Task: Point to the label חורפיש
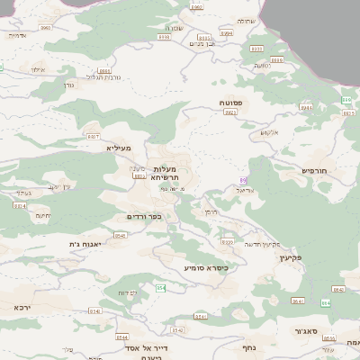click(314, 169)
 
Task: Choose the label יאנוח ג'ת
click(85, 243)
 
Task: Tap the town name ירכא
click(22, 307)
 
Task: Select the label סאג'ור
click(310, 331)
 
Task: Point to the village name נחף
click(249, 346)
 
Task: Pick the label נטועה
click(262, 65)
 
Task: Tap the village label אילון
click(37, 69)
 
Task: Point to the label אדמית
click(15, 35)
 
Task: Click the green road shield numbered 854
click(160, 287)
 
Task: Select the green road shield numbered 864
click(326, 303)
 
